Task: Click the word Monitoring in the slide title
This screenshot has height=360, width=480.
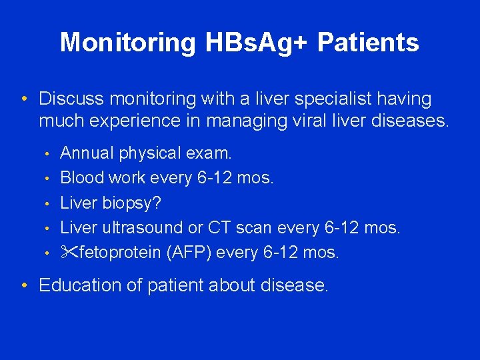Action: [x=127, y=43]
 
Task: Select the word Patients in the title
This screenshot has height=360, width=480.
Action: [x=368, y=43]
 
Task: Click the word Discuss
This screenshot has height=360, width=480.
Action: [x=71, y=99]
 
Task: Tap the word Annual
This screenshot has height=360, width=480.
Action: [x=87, y=153]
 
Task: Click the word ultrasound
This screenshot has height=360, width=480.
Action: [x=143, y=228]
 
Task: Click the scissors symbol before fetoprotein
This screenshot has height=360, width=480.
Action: [x=69, y=253]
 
